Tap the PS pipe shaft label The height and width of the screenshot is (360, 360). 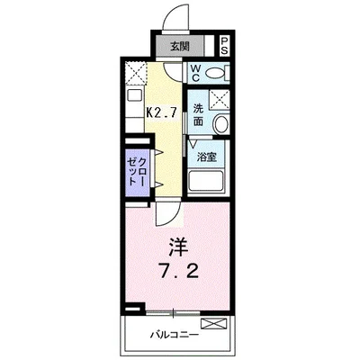pos(225,48)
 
